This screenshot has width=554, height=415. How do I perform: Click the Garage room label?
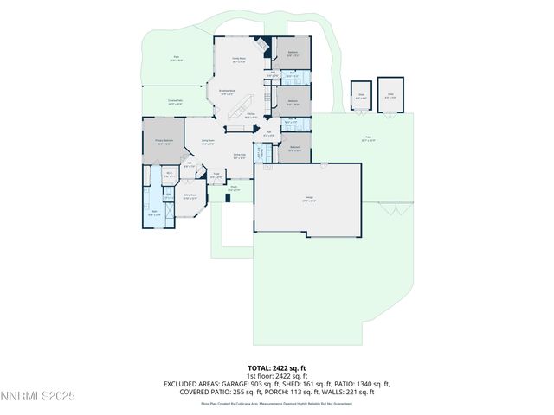coord(308,199)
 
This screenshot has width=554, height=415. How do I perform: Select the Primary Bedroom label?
coord(164,142)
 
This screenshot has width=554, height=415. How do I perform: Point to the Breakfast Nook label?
coord(229,92)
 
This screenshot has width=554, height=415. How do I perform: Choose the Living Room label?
coord(208,142)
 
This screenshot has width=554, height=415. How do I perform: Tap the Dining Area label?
coord(239,156)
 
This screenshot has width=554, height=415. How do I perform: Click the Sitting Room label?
coord(190,197)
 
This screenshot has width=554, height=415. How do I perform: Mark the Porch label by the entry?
coord(233,188)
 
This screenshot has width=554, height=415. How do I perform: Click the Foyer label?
coord(216,176)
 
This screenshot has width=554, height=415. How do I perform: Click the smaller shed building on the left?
coord(360,98)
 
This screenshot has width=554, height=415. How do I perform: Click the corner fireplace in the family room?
coord(265,45)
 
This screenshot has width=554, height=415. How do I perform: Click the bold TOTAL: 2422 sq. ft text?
coord(277,368)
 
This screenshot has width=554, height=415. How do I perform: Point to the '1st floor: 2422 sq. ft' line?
coord(277,376)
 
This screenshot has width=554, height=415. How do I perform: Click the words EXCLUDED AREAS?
coord(187,384)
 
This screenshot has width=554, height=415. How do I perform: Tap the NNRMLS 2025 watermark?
coord(38,397)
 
